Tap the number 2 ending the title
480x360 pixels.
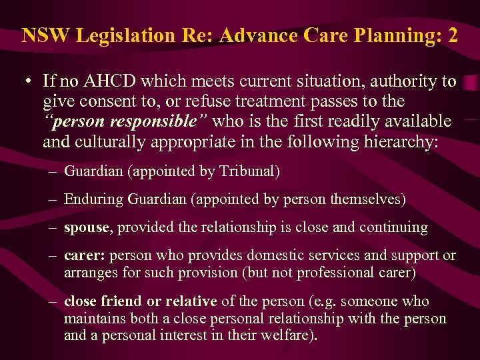point(453,35)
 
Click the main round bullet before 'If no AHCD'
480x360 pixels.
point(25,83)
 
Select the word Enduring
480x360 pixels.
point(91,199)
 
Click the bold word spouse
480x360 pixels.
point(86,227)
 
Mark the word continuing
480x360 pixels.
point(394,227)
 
